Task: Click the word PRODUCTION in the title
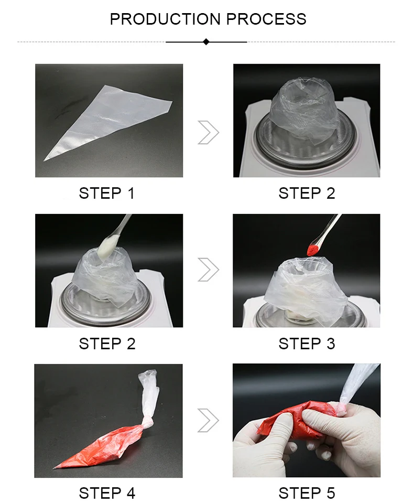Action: [165, 19]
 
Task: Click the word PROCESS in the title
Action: [266, 19]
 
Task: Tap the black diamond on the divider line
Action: [206, 42]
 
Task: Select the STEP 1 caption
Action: [106, 194]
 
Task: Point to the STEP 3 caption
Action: [307, 344]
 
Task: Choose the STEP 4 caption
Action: [107, 494]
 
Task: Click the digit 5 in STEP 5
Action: [331, 494]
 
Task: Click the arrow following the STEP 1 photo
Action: [208, 132]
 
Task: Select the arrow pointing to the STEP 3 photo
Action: [208, 270]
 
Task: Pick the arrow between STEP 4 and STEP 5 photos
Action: [208, 420]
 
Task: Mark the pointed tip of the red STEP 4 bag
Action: [53, 468]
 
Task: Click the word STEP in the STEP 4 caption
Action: [100, 494]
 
